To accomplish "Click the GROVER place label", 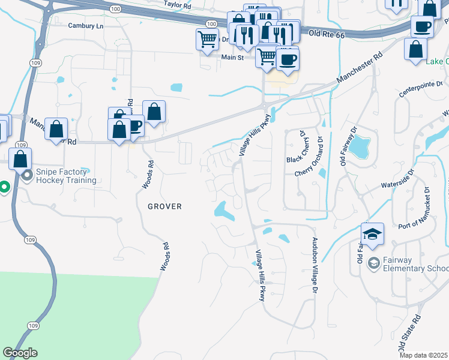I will point(165,206).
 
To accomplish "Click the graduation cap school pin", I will point(372,234).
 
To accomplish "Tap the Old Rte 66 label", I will point(328,35).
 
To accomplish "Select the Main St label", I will point(232,58).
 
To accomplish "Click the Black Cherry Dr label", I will point(296,147).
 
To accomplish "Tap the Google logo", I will point(20,353).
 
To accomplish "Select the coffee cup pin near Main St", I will point(288,59).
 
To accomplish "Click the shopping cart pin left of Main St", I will point(207,40).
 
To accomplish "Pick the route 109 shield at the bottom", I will point(33,325).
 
